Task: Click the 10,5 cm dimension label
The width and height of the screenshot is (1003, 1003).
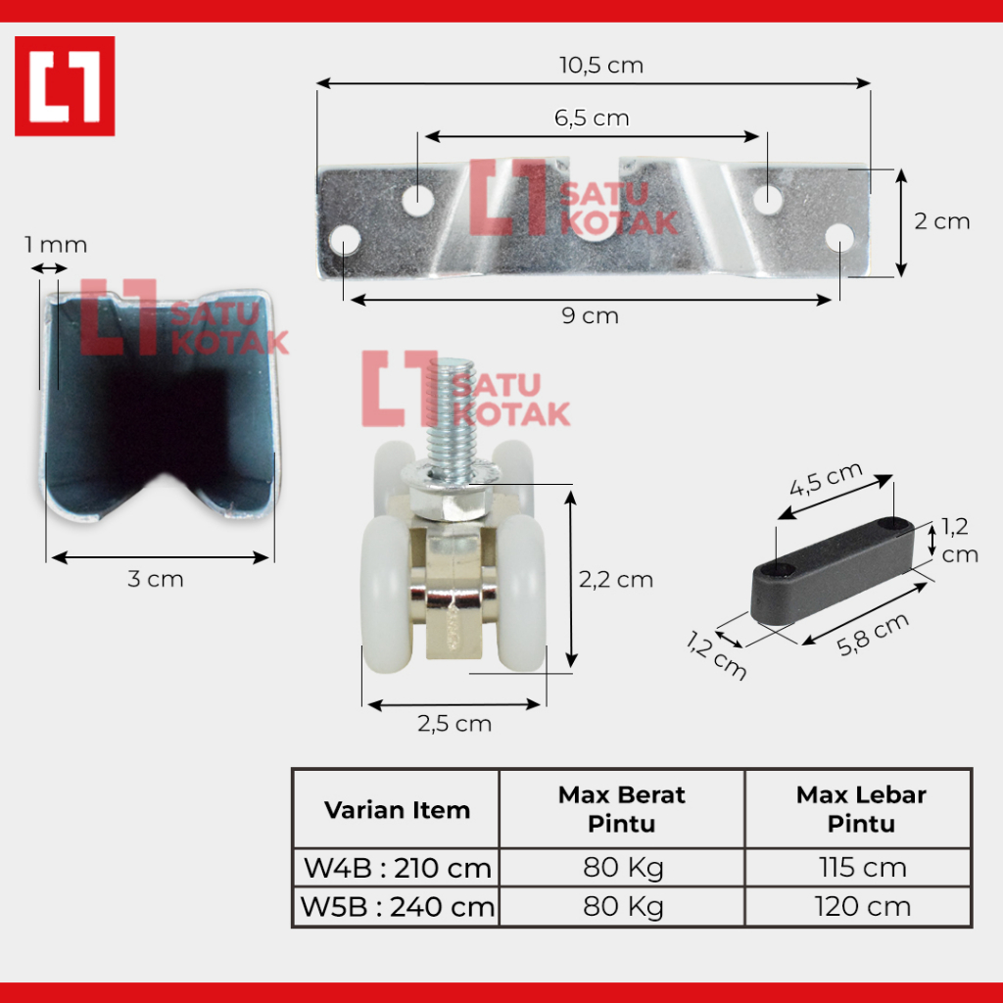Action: [x=601, y=66]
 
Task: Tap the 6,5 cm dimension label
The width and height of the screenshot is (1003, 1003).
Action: [x=592, y=119]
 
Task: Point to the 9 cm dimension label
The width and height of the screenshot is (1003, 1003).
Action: [x=590, y=316]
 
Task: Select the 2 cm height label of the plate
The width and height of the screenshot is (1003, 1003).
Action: [x=941, y=221]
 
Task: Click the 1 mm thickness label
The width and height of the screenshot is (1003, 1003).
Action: [x=56, y=244]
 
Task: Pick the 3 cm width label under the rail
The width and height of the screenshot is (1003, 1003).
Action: [x=156, y=579]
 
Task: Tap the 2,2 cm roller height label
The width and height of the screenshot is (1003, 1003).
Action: [x=616, y=580]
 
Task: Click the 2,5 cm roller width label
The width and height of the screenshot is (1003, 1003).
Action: [x=454, y=724]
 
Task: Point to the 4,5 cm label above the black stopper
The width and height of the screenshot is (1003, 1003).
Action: [x=826, y=479]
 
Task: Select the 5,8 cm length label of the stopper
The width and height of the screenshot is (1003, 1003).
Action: [x=873, y=634]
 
